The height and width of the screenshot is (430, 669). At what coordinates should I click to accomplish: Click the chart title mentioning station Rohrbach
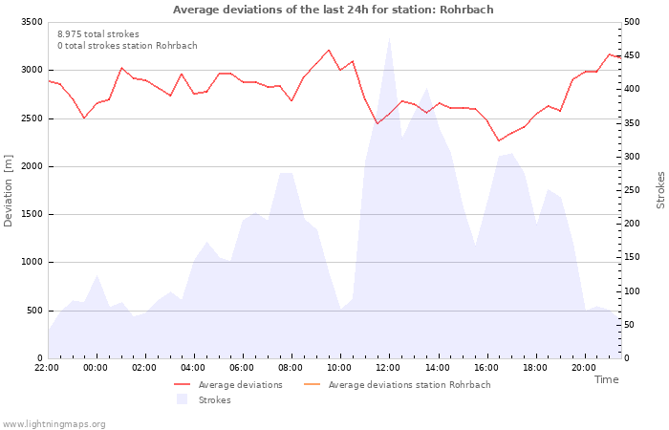(333, 10)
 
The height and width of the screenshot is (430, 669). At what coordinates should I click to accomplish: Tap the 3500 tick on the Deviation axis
(32, 22)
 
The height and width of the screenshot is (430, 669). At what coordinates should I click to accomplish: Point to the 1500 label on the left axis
(32, 214)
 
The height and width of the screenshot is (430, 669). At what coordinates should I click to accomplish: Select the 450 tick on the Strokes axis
(632, 55)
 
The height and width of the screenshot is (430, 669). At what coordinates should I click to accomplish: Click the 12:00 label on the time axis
(388, 368)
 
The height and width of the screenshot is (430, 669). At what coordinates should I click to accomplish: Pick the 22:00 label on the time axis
(47, 368)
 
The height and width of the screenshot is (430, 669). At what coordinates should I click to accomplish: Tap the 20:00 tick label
(584, 368)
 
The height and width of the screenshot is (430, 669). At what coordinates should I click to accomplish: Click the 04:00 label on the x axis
(193, 368)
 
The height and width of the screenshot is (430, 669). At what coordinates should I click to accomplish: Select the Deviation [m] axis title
(8, 191)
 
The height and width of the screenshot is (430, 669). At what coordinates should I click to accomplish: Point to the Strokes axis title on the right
(660, 190)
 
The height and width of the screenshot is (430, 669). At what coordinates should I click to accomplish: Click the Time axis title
(606, 379)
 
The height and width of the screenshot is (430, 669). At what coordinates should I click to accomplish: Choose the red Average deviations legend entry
(228, 385)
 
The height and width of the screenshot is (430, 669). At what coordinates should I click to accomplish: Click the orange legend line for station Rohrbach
(312, 384)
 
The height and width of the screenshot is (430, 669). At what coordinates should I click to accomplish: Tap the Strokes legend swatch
(183, 399)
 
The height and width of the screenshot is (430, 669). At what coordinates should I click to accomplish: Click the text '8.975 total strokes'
(98, 34)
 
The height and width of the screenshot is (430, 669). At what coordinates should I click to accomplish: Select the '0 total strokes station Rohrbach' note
(127, 46)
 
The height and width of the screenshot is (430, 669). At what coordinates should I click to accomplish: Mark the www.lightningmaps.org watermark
(54, 424)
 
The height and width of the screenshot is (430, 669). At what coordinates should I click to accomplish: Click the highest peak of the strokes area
(389, 38)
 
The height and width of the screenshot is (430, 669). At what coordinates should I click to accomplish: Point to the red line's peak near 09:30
(329, 50)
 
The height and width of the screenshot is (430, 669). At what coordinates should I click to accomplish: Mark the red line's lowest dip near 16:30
(499, 140)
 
